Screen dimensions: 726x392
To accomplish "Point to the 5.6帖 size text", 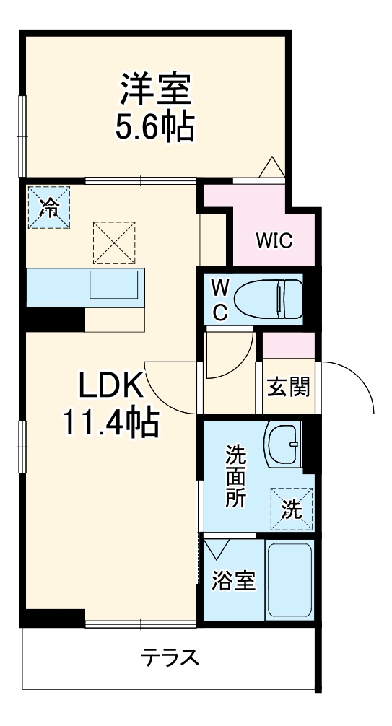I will (x=154, y=127).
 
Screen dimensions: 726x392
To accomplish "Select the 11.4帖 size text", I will (x=109, y=422).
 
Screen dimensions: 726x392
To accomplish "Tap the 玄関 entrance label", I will (x=289, y=387).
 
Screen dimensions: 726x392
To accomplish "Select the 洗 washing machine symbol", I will (x=292, y=509).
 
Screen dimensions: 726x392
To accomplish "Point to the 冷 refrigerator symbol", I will (x=50, y=207).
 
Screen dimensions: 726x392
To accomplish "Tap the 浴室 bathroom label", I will (x=233, y=581).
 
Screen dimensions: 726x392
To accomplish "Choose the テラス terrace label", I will (x=170, y=657).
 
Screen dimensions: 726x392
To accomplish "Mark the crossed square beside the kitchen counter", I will (x=114, y=242).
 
